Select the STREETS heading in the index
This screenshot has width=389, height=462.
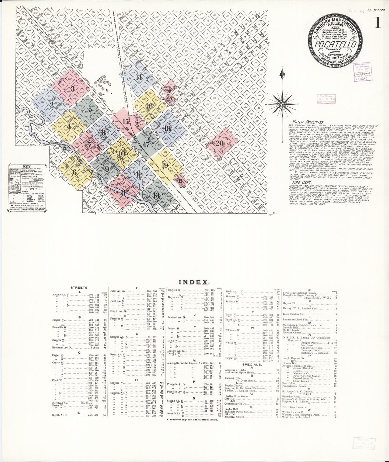tap(79, 288)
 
